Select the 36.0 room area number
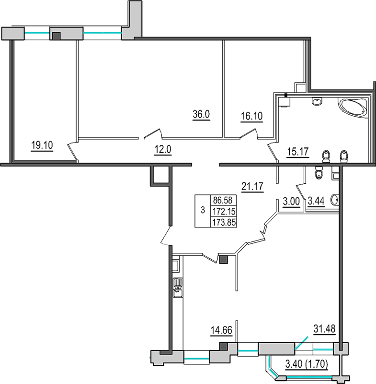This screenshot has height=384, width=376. (x=201, y=115)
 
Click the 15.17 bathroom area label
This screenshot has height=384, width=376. (x=297, y=152)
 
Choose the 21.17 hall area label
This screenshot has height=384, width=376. (x=252, y=186)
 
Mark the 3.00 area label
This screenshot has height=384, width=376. (x=291, y=202)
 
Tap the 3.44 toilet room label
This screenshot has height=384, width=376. (x=317, y=202)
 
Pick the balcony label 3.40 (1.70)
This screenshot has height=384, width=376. (x=306, y=365)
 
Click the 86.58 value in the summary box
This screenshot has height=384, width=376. (x=225, y=201)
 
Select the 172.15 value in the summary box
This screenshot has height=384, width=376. (x=225, y=211)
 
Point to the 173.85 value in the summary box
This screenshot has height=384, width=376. (x=225, y=222)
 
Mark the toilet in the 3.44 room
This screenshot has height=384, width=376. (x=319, y=173)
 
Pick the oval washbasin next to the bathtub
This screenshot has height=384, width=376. (x=317, y=101)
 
